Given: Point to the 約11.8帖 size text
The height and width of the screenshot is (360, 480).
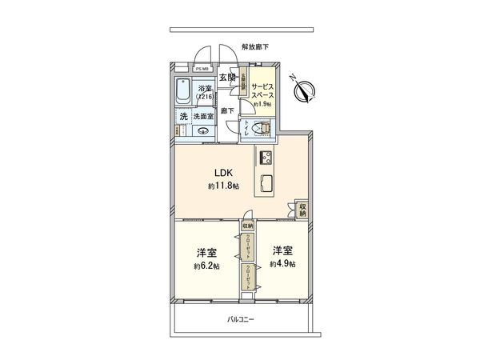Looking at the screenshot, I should click(x=224, y=186).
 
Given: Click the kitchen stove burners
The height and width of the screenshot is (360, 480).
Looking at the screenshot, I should click(x=266, y=158).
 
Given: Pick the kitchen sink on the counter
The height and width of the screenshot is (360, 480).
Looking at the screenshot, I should click(x=266, y=182).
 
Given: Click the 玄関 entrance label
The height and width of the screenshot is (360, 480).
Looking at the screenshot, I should click(x=226, y=78).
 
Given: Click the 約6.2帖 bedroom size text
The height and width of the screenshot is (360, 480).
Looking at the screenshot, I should click(x=205, y=266).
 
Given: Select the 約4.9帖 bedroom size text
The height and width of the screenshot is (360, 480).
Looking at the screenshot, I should click(x=282, y=265).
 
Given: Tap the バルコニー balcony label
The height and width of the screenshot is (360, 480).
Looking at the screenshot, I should click(x=240, y=318).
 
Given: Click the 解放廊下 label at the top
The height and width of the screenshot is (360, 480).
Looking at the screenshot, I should click(x=254, y=47).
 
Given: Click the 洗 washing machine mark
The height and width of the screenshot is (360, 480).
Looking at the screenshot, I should click(x=182, y=116).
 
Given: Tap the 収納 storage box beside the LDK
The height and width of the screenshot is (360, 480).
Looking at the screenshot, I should click(x=302, y=210).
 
